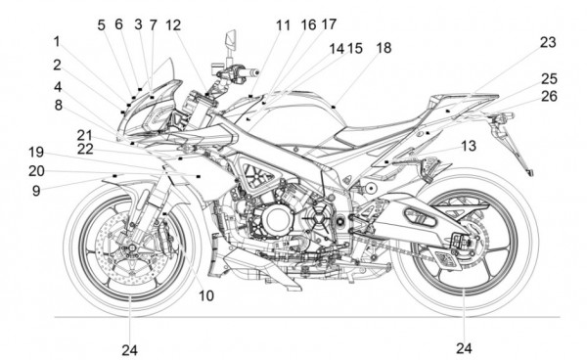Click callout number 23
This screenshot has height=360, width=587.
[548, 42]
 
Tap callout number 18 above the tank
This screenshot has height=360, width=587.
[384, 48]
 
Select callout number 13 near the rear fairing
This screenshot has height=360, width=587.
[469, 146]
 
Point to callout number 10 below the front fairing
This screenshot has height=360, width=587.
[205, 295]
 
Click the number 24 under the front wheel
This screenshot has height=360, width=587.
[129, 350]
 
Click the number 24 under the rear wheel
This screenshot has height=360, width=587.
[464, 348]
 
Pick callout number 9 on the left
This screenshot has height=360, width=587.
[36, 191]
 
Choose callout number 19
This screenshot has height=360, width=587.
[36, 153]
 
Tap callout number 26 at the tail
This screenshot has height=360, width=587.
[549, 96]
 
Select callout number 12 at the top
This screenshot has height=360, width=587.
[173, 25]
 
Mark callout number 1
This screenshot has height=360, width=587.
[57, 41]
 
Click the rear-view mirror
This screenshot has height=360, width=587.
[231, 40]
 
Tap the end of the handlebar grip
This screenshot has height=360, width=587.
[257, 71]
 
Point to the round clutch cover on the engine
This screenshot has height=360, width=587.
[276, 219]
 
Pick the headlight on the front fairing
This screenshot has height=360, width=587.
[159, 114]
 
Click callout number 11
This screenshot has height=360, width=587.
[283, 25]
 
